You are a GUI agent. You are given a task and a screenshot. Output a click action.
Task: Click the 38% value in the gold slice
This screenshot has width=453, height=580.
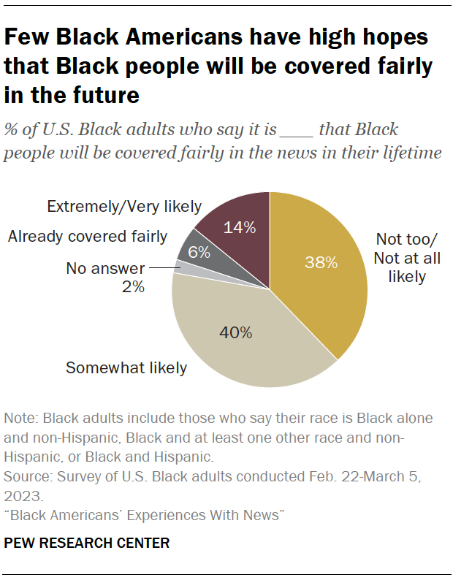[x=321, y=263]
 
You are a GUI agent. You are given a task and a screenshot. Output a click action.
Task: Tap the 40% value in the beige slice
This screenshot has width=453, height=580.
[x=236, y=333]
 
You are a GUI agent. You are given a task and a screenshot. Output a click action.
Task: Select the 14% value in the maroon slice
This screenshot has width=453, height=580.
[x=240, y=227]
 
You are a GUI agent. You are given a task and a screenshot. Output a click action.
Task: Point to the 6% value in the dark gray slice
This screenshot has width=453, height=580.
[x=199, y=252]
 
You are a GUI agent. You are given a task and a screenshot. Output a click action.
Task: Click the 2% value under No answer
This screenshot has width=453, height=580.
[x=134, y=287]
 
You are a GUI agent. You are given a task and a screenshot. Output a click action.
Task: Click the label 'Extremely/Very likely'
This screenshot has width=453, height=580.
[x=124, y=207]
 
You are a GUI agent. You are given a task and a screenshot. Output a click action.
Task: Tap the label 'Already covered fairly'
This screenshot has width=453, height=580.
[x=88, y=236]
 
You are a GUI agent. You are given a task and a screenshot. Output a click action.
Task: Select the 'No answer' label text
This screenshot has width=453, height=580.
[x=105, y=269]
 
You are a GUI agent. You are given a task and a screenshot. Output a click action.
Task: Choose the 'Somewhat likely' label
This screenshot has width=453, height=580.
[x=126, y=367]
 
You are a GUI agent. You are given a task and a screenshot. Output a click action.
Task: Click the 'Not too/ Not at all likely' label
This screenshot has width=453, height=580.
[x=408, y=258]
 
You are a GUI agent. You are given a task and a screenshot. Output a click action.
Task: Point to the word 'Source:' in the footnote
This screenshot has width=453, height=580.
[x=28, y=476]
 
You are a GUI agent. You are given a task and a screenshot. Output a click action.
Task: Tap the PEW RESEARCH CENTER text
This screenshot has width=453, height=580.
[x=87, y=543]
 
